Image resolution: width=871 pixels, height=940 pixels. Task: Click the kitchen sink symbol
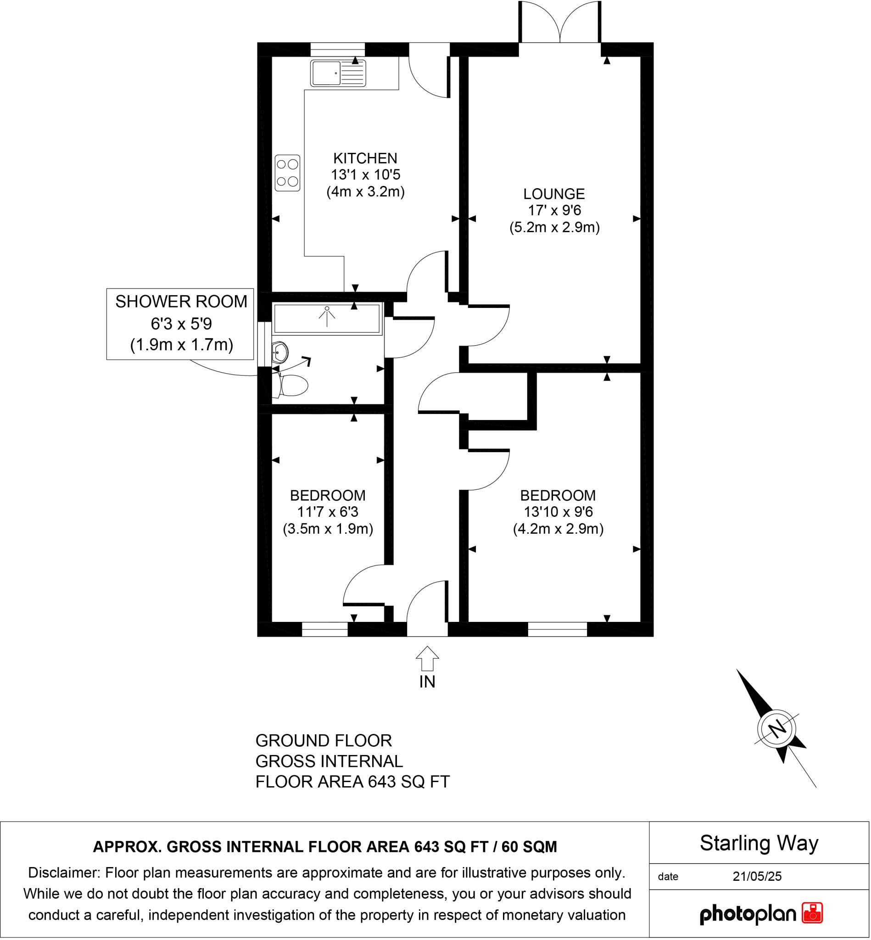pos(337,73)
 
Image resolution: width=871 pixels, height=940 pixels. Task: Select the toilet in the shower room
pos(293,385)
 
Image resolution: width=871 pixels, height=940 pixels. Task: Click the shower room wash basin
pos(280,352)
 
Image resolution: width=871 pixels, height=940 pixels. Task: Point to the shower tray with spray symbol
pos(327,319)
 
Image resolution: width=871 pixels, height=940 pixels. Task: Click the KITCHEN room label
pos(365,158)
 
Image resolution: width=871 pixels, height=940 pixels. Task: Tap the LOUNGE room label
pos(554,194)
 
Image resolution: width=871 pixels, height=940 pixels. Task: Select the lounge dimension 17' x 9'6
pos(554,211)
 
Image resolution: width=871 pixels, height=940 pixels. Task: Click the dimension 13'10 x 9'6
pos(558,512)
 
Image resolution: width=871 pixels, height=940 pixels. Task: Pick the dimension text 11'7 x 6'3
pos(328,512)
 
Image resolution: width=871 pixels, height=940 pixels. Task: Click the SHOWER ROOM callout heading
pos(181,302)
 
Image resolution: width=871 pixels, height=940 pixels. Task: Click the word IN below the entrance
pos(428,682)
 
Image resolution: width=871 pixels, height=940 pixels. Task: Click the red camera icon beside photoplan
pos(812,913)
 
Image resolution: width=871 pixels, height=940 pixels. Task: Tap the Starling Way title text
pos(759,843)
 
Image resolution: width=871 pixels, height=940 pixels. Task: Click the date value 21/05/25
pos(757,876)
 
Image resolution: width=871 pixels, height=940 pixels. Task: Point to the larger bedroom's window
pos(558,629)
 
